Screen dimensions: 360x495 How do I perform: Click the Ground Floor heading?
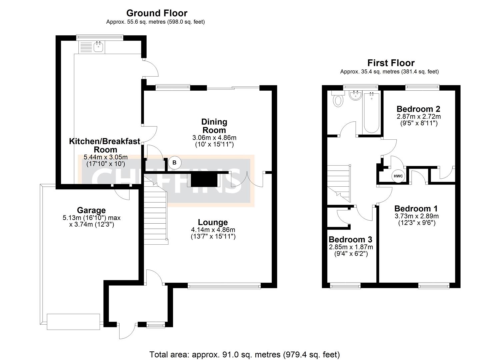(x=157, y=13)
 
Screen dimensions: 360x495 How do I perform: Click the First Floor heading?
(x=391, y=63)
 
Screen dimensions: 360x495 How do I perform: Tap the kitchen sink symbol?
(x=98, y=47)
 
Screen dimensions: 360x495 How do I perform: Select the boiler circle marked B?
(x=174, y=163)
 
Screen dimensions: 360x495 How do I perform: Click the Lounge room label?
(x=213, y=222)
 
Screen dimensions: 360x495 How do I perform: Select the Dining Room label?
(x=214, y=126)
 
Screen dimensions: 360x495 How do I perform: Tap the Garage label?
(x=91, y=210)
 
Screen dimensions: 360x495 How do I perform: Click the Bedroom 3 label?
(x=350, y=239)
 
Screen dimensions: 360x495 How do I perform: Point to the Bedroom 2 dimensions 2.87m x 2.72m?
(x=418, y=117)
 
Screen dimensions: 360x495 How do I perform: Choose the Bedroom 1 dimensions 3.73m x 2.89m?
(x=417, y=216)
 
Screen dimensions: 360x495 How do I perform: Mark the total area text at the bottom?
(x=244, y=354)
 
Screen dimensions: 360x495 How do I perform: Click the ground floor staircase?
(x=156, y=213)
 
